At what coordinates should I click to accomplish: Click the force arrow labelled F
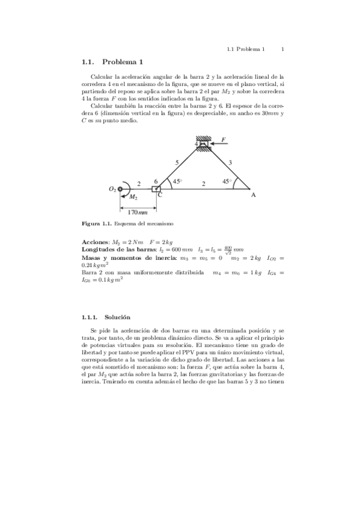219,144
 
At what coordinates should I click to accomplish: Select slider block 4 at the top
203,144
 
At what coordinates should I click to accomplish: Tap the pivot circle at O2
121,189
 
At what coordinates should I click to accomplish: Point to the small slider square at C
156,189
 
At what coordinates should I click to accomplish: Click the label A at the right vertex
253,195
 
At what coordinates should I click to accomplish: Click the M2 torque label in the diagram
133,197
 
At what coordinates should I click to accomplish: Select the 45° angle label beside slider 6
177,181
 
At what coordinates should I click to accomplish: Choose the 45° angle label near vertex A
227,181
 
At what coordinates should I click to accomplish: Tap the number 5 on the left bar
177,162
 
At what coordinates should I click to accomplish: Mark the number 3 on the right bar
230,162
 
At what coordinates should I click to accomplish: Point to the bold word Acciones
96,241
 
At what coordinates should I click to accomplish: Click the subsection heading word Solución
117,317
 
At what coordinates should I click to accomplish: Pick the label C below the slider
159,195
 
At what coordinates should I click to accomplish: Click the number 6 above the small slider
156,181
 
